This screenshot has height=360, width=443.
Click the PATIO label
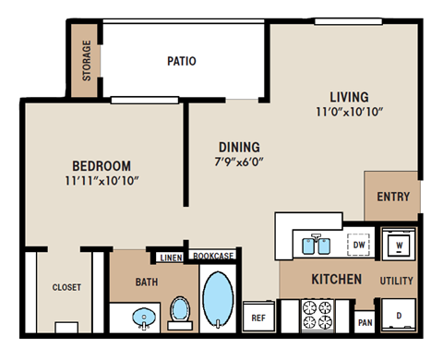coord(181,62)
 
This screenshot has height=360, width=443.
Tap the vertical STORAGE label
coord(87,61)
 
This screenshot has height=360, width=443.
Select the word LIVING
coord(349,97)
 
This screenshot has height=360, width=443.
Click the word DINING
coord(239,147)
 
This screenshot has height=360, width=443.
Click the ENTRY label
coord(394,197)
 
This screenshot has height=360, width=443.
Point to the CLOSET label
coord(66,287)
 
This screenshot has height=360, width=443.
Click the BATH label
coord(147,282)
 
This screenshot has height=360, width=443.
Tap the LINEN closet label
coord(171,257)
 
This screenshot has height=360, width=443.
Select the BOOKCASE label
coord(211,256)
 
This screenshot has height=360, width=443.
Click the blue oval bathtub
coord(219,299)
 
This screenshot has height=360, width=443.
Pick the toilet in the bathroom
coord(181,311)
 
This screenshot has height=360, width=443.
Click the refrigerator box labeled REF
coord(258,318)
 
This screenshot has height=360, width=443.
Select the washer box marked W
coord(398,246)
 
